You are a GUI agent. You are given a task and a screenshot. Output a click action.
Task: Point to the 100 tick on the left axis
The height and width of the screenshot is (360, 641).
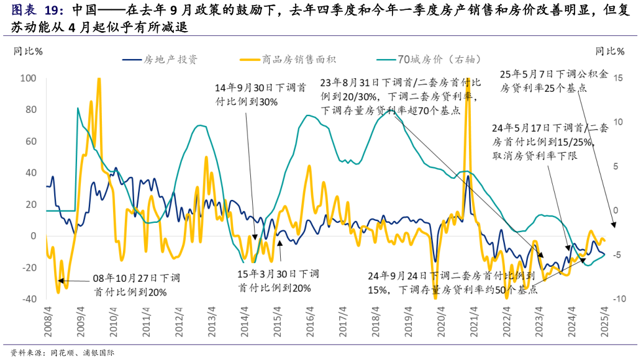(x=29, y=78)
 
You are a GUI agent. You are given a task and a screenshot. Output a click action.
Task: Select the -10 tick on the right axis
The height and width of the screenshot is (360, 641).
(x=616, y=299)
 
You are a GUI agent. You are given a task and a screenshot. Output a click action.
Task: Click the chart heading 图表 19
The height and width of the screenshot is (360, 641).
(x=37, y=11)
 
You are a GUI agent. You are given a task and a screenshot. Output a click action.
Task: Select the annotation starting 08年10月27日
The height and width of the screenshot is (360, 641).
(x=130, y=286)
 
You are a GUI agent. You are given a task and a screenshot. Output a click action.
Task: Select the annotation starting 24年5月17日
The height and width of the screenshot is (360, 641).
(x=544, y=142)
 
